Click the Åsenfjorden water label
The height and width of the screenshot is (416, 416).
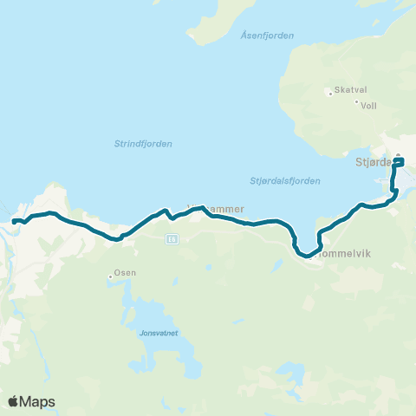click(x=268, y=36)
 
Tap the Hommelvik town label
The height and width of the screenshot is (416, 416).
click(x=346, y=254)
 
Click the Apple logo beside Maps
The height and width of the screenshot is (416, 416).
click(x=14, y=401)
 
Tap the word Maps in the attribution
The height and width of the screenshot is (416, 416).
click(x=38, y=401)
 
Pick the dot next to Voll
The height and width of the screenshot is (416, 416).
click(x=355, y=102)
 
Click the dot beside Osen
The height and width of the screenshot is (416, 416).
click(x=111, y=276)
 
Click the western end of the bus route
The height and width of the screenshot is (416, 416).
click(x=15, y=222)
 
